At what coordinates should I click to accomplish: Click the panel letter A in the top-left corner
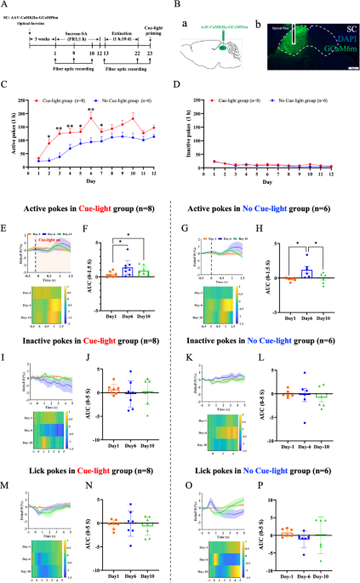coord(6,5)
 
